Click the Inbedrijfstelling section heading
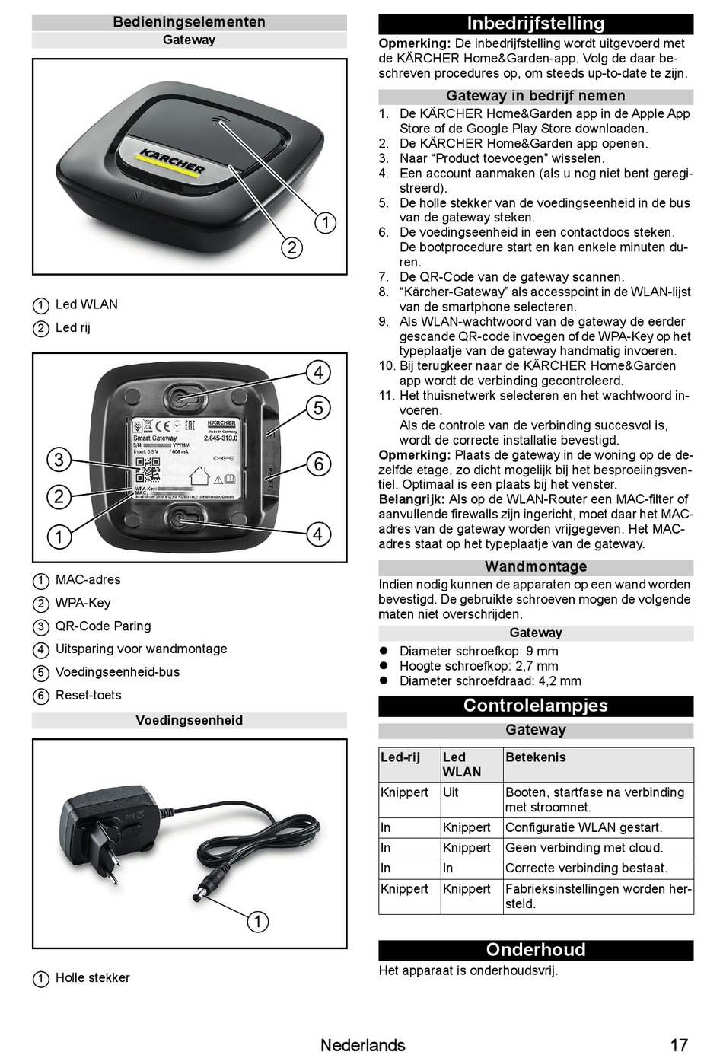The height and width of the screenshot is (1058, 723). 535,24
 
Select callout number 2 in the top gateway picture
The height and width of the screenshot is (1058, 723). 291,247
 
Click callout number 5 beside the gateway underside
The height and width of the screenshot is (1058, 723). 318,408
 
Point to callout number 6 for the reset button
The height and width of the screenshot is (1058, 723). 318,464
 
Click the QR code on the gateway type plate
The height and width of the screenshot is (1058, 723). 147,470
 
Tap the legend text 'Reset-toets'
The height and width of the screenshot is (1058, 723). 88,695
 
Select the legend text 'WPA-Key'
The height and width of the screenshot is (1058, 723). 83,603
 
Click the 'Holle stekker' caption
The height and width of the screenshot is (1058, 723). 92,977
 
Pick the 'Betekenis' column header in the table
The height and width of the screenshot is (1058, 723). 536,757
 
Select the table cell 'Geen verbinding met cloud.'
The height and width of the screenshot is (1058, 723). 584,848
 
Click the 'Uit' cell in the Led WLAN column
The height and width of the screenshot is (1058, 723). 451,792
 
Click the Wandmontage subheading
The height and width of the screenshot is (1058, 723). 535,567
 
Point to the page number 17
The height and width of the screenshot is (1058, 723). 679,1045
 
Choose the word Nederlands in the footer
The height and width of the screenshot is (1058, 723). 362,1045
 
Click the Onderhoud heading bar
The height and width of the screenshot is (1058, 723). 535,950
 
